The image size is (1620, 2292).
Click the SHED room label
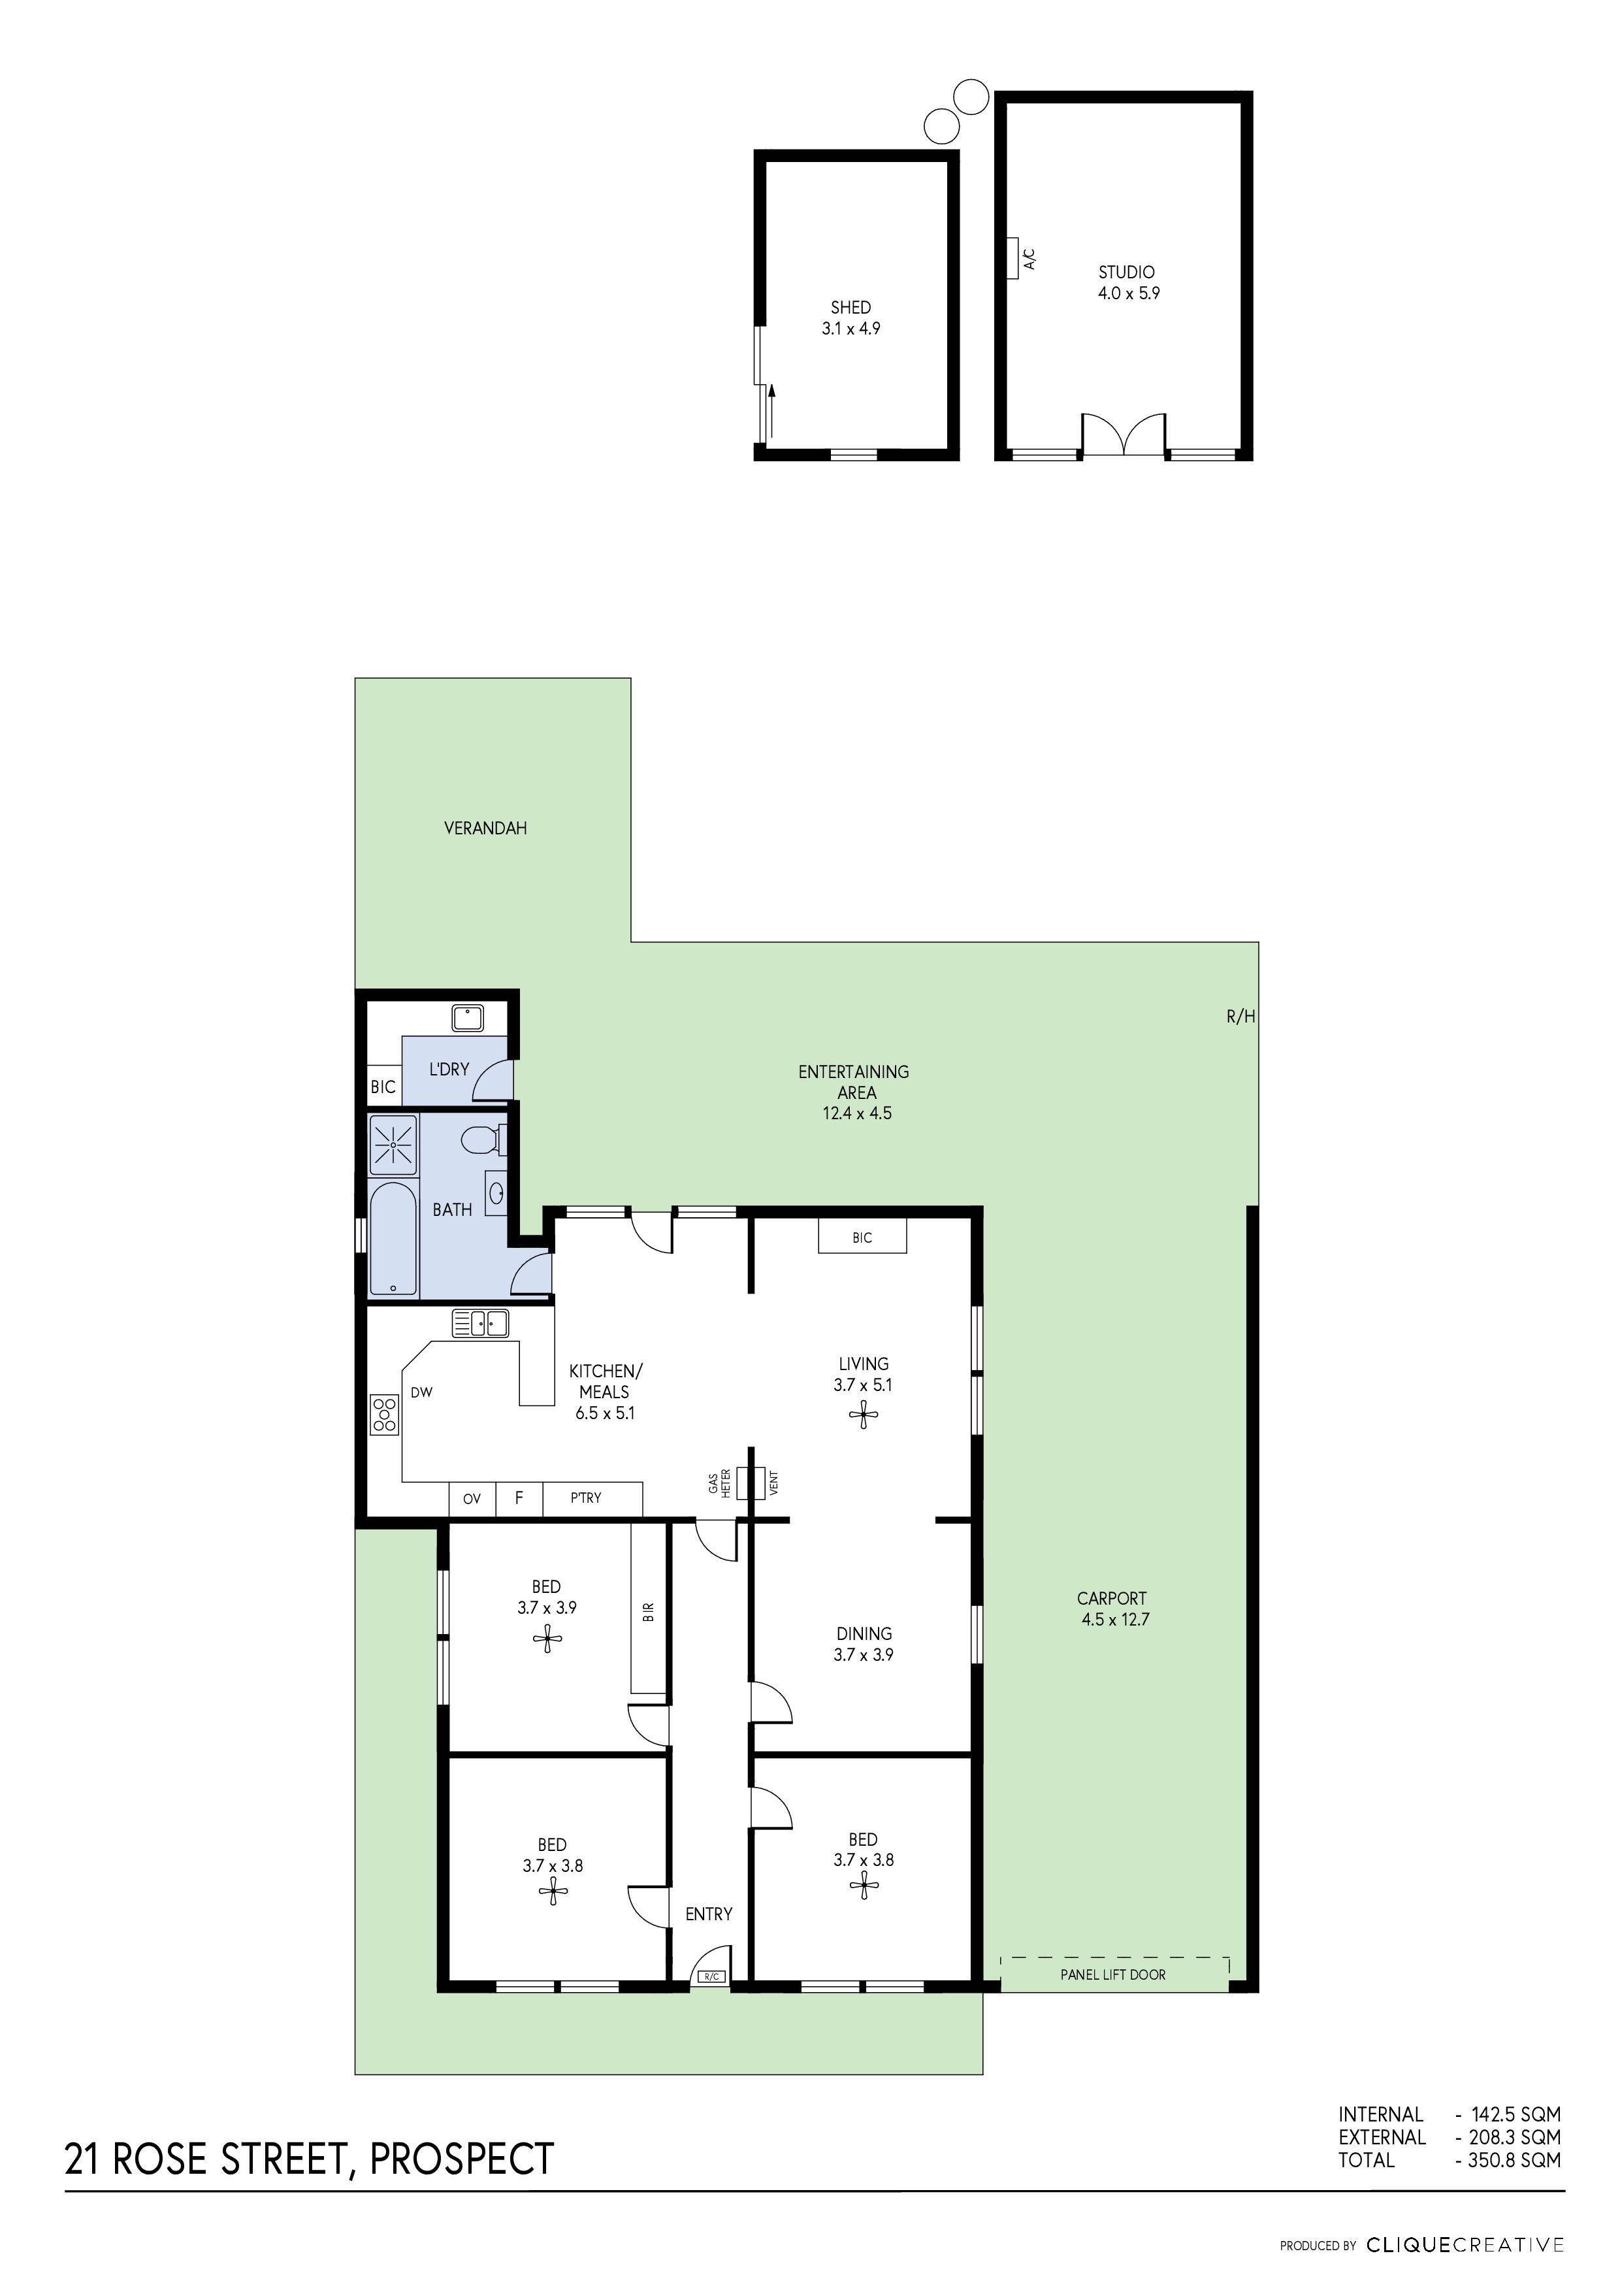850,308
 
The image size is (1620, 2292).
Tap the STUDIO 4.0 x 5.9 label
1128,282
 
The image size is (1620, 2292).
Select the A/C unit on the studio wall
1013,257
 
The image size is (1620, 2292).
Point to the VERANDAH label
485,828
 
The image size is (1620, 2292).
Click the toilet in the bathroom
483,1139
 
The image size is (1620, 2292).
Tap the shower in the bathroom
393,1144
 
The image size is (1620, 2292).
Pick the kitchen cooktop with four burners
384,1415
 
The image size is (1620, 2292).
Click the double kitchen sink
480,1324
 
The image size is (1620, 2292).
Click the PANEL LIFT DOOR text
1113,1974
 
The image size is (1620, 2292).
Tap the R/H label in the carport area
1240,1017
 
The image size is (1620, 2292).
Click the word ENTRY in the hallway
709,1914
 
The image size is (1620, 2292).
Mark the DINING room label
864,1634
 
